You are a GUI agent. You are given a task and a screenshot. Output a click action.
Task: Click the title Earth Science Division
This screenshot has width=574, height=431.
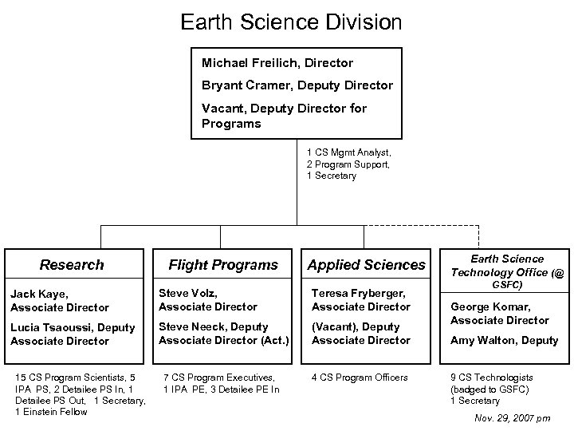pos(291,21)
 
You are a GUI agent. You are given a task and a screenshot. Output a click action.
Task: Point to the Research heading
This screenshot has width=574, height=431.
pos(72,264)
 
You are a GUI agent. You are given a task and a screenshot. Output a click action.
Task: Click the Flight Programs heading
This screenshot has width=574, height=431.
pos(223,264)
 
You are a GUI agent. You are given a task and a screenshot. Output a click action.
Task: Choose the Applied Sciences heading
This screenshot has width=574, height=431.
pos(367,264)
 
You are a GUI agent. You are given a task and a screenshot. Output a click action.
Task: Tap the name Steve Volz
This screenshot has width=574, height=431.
pos(188,293)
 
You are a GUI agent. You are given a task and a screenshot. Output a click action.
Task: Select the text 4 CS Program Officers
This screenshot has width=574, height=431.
pos(360,378)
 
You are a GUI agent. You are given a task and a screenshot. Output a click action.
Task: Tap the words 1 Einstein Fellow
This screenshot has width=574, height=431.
pos(51,412)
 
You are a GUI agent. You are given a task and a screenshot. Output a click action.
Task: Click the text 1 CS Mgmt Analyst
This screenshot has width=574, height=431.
pos(348,151)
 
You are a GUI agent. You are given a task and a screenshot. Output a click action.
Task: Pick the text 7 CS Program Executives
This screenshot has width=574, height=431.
pos(218,378)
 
